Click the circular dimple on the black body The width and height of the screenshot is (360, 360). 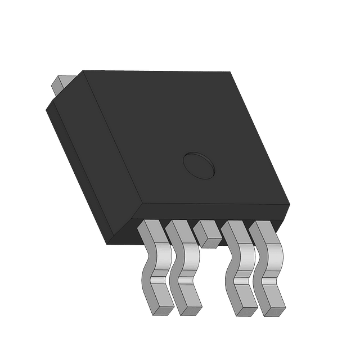pyautogui.click(x=199, y=164)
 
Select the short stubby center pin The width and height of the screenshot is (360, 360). pyautogui.click(x=206, y=234)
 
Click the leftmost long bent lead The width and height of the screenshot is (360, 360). pyautogui.click(x=154, y=264)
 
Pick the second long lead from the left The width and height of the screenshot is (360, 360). pyautogui.click(x=183, y=264)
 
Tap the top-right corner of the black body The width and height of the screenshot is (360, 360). pyautogui.click(x=229, y=73)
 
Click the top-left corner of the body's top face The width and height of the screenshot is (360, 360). pyautogui.click(x=83, y=71)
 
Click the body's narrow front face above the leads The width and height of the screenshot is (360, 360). pyautogui.click(x=214, y=212)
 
